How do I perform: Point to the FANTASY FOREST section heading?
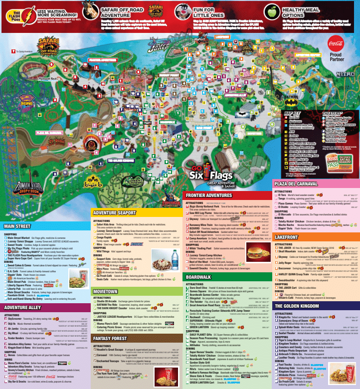112,339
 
